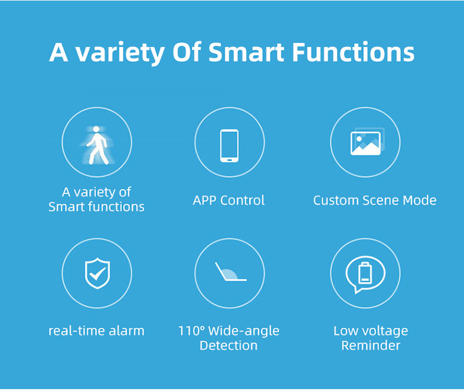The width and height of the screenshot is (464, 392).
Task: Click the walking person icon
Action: [97, 145]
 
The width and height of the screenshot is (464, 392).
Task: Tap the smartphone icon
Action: [230, 146]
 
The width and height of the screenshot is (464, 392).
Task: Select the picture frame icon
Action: [367, 142]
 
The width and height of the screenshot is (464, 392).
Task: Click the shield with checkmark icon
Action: [97, 273]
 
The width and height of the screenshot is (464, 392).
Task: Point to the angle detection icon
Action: [231, 272]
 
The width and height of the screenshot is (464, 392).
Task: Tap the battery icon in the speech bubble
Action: [365, 273]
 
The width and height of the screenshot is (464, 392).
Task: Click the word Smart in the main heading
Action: [246, 52]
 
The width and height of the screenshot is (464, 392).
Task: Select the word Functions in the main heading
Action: [353, 52]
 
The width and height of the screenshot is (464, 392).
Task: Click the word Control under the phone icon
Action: [243, 200]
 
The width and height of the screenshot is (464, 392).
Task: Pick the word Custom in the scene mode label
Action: [336, 201]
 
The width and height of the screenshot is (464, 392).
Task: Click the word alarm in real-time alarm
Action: [126, 331]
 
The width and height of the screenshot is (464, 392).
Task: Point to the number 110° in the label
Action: [191, 330]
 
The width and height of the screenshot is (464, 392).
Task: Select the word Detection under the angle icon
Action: [228, 346]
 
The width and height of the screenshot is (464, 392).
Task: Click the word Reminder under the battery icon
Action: [371, 346]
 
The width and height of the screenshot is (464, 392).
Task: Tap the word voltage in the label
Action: [384, 331]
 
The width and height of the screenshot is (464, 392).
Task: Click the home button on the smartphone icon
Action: [230, 160]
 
